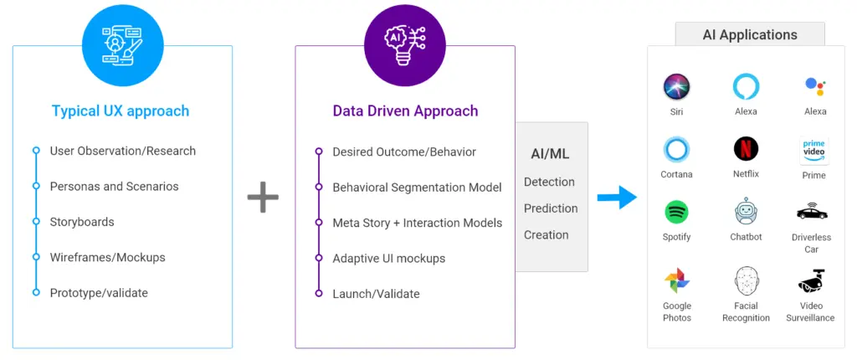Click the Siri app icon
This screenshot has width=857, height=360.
point(676,87)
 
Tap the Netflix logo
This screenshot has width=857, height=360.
point(746,149)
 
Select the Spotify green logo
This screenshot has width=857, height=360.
point(676,212)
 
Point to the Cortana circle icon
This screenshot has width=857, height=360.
point(676,149)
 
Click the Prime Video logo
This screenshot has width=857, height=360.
point(813,151)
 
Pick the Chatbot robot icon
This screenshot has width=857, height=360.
point(746,212)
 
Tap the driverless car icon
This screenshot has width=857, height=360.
point(812,212)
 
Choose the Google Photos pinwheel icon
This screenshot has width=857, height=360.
point(676,280)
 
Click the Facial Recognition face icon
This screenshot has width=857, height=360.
point(746,280)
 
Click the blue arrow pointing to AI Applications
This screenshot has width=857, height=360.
point(617,197)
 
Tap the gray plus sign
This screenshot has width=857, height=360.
point(263,197)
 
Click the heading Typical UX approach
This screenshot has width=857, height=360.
point(121,111)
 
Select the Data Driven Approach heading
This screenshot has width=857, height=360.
point(406,111)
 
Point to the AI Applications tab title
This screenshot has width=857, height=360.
point(750,35)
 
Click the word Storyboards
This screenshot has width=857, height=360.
point(82,222)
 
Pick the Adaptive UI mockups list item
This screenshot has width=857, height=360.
point(389,258)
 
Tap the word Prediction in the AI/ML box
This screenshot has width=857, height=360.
point(551,208)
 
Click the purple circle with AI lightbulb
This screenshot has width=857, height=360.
point(405,45)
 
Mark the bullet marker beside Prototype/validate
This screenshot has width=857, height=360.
point(36,293)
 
